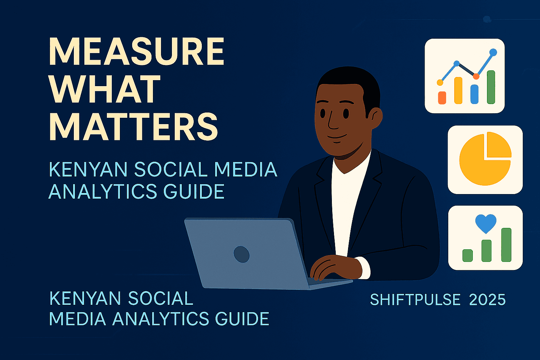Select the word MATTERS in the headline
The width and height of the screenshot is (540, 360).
(x=134, y=127)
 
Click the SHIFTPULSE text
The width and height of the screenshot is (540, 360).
(x=415, y=300)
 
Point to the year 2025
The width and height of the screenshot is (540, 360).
(x=487, y=300)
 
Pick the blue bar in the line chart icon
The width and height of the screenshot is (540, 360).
(x=474, y=94)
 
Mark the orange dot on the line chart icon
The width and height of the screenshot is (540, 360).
(x=476, y=76)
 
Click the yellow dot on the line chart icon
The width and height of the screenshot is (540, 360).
(x=440, y=82)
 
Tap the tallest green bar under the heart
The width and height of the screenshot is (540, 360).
(x=506, y=245)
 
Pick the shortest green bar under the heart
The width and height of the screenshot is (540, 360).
(x=468, y=255)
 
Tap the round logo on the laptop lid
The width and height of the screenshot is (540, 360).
(x=242, y=254)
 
